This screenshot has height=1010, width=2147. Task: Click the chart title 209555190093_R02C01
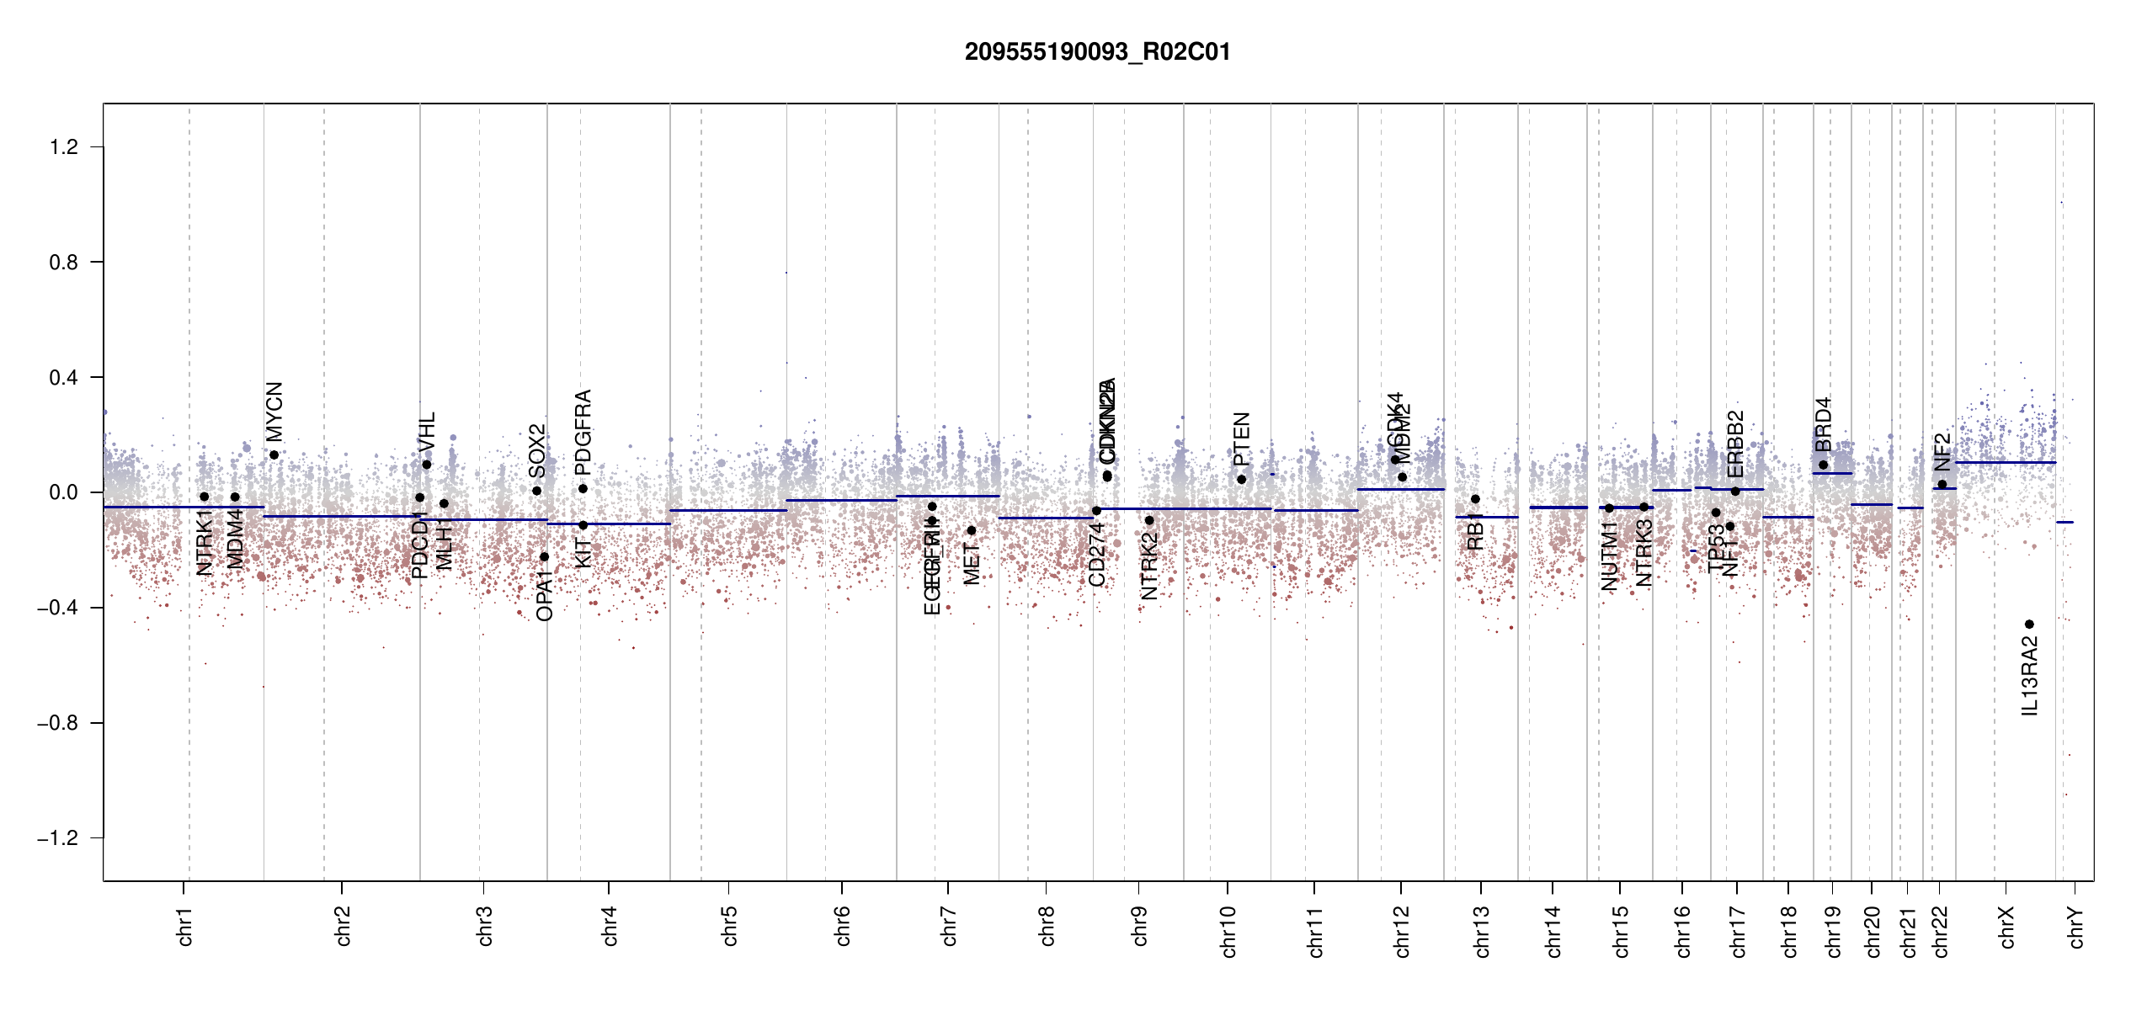1097,52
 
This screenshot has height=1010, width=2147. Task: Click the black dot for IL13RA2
2029,625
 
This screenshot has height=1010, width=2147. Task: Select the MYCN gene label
274,411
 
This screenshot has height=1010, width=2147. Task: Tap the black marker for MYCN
274,455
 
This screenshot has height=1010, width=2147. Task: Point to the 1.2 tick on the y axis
63,147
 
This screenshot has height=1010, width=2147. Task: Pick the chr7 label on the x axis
949,926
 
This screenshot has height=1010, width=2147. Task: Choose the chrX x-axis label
2006,928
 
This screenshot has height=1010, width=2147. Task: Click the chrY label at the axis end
2076,928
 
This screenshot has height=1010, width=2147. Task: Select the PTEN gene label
1242,439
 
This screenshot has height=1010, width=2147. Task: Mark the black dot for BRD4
1823,465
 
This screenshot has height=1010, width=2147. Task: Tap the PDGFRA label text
583,432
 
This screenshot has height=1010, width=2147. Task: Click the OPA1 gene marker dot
544,557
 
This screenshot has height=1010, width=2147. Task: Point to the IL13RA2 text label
2030,677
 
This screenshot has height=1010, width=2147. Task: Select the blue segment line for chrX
2005,463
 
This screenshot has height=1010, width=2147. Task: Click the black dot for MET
971,530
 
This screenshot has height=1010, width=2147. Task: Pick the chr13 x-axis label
1481,931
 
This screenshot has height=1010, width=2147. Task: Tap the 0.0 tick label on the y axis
63,492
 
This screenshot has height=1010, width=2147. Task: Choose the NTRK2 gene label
1149,566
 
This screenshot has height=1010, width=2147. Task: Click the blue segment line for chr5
728,511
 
